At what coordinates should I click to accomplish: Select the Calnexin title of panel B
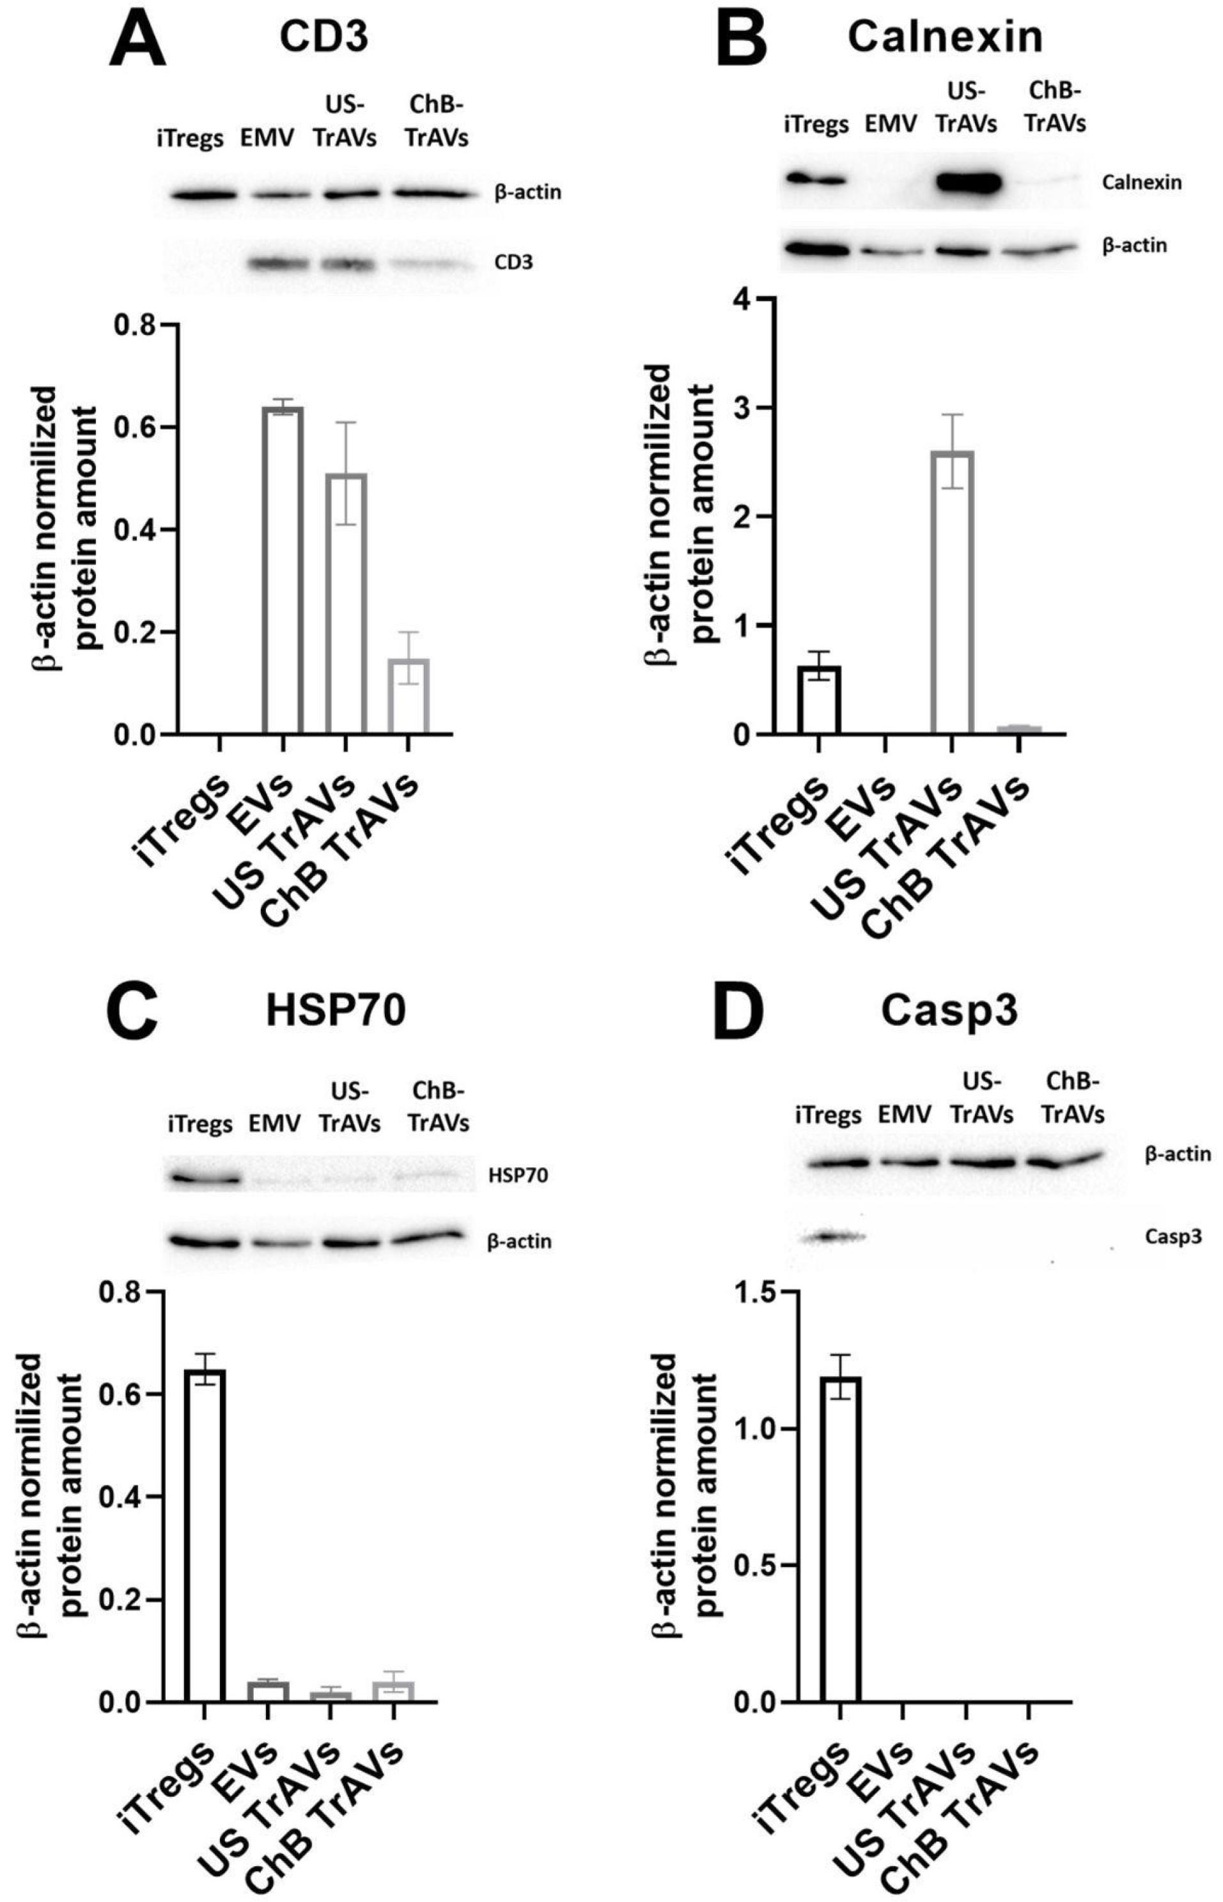pos(945,36)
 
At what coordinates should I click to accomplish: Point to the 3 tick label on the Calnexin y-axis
pos(742,407)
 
